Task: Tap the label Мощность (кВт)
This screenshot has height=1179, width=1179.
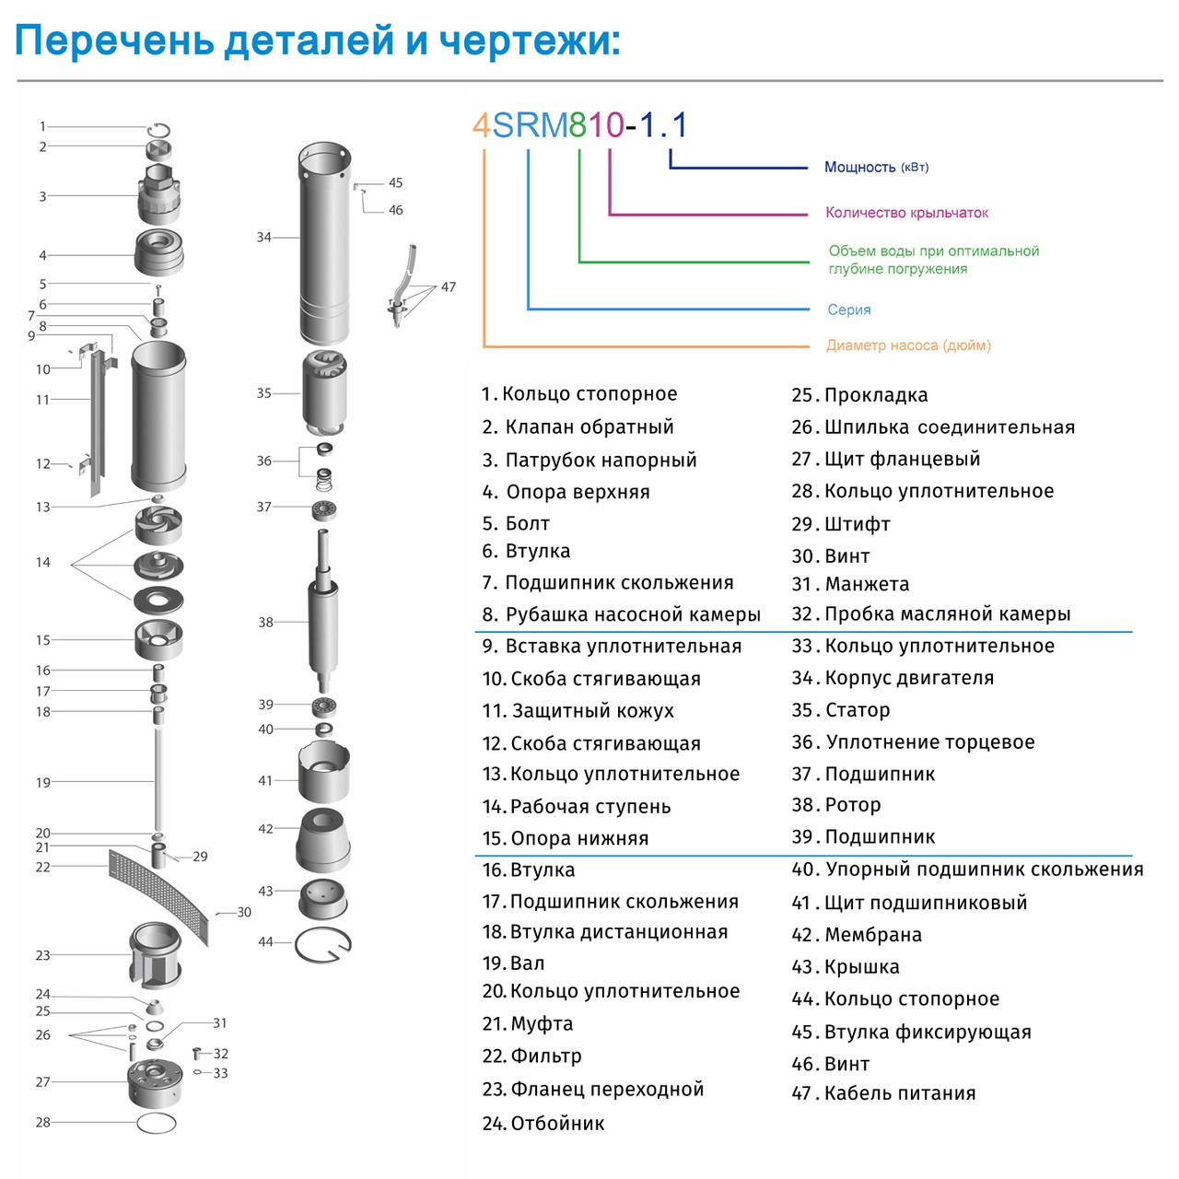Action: (x=876, y=167)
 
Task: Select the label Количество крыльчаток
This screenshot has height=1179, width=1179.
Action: (x=906, y=213)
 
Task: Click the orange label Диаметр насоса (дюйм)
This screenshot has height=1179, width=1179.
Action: (x=908, y=345)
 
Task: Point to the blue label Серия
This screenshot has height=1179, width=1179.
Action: (x=848, y=309)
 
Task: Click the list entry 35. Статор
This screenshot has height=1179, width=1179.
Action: (x=841, y=710)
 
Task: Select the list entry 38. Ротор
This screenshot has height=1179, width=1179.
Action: (x=836, y=805)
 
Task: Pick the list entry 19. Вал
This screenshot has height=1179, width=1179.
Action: (x=514, y=963)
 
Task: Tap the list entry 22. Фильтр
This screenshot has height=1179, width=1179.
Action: (x=532, y=1056)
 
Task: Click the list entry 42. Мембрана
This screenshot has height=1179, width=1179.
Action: (x=857, y=935)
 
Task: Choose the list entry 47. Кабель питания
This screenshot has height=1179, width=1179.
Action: (x=883, y=1093)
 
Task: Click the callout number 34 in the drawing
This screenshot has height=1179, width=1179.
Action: (x=264, y=238)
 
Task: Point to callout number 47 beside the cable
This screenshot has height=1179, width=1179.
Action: (x=449, y=287)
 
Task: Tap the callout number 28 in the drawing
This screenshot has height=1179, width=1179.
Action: (x=43, y=1122)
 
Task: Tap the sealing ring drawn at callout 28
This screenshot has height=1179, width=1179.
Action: (x=156, y=1123)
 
